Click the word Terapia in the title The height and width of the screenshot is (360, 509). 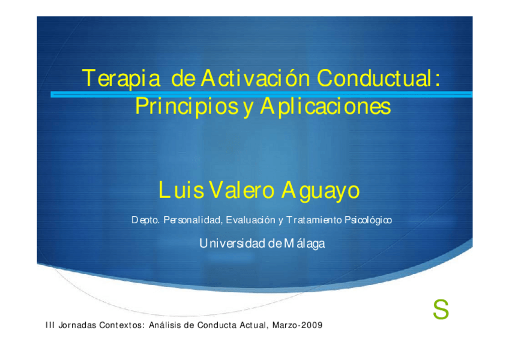point(121,79)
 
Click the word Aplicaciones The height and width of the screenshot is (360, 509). point(325,106)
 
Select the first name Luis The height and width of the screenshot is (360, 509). point(181,190)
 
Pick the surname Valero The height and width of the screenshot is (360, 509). point(242,190)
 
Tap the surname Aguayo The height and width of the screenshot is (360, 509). point(321,191)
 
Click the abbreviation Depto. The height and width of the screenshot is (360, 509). point(145,220)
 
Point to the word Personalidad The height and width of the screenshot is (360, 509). point(193,220)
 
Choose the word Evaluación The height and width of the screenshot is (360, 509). point(251,220)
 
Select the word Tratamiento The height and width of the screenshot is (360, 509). point(314,220)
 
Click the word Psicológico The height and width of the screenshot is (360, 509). point(368,220)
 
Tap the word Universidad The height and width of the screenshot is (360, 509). point(232,243)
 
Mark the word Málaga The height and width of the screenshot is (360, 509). point(304,244)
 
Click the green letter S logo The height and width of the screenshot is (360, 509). point(441,310)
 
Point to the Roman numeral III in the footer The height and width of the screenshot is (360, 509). point(50,325)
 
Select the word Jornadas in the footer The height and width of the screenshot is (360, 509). point(77,325)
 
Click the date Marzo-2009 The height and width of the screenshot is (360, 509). point(297,325)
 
